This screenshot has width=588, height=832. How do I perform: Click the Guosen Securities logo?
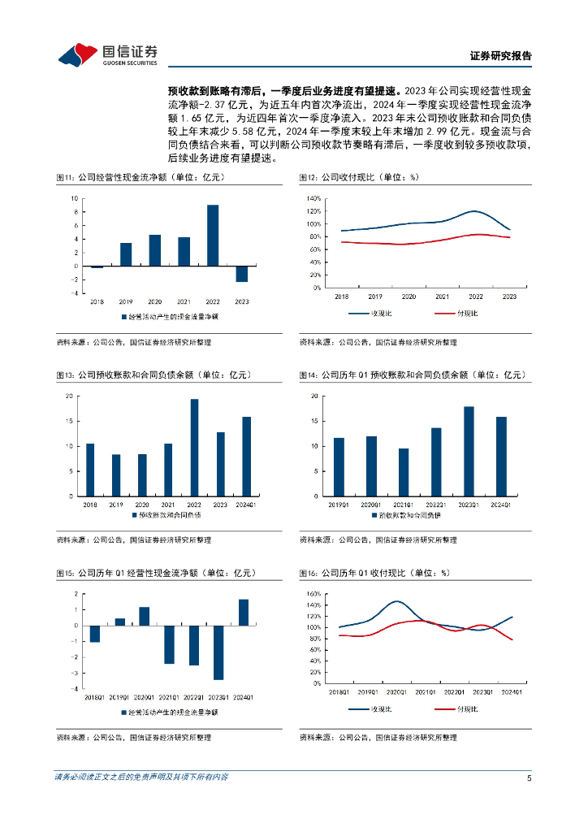coord(107,54)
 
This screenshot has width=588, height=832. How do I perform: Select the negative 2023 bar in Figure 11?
coord(241,274)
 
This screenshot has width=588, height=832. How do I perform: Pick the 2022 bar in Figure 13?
coord(194,448)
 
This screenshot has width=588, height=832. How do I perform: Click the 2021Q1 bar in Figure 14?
coord(404,472)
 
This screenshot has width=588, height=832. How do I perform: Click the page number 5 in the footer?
coord(529,777)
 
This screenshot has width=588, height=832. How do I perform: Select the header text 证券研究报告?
coord(501,56)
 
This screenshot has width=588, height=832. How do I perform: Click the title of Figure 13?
coord(153,375)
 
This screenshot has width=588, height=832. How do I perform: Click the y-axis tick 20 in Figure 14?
coord(313,396)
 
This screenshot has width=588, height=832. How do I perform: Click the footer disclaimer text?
coord(141,777)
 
